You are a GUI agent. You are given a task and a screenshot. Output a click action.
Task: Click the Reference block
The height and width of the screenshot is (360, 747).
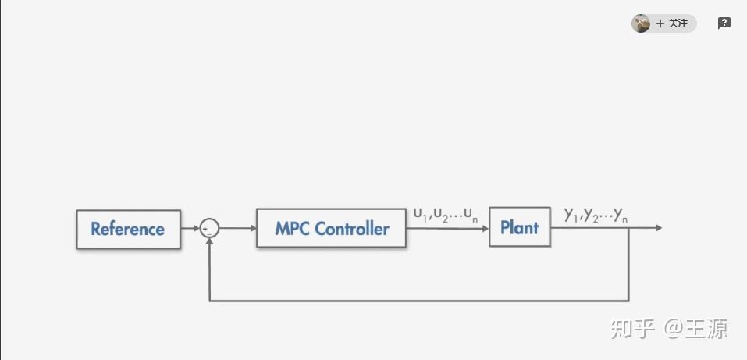[128, 230]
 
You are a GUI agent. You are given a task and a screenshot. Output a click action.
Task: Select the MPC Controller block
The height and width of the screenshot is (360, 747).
[331, 228]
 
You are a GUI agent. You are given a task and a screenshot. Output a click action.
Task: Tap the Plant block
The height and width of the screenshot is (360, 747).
[520, 227]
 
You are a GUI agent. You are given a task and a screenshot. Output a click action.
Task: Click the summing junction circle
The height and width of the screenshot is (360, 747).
[209, 228]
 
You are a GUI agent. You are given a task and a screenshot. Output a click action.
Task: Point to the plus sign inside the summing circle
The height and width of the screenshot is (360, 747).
[205, 229]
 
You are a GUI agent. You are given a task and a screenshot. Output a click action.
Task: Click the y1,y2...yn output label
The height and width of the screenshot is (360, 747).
[596, 216]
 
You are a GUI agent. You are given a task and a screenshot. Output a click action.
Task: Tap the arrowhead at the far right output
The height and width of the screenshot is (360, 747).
[659, 228]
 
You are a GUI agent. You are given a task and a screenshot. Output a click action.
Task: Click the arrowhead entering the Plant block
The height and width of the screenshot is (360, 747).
[486, 228]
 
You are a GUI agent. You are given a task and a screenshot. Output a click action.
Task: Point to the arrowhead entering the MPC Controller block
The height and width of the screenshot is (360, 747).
[254, 228]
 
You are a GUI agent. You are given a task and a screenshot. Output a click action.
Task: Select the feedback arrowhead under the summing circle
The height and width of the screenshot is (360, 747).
[209, 241]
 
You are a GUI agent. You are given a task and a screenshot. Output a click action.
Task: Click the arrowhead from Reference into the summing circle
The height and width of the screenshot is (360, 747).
[196, 228]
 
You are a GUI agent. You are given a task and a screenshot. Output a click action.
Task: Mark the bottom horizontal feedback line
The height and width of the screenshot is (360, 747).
[419, 301]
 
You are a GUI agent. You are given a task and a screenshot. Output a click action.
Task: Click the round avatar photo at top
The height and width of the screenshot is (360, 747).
[641, 23]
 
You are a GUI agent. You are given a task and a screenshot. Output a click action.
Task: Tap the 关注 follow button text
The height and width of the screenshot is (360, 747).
[678, 23]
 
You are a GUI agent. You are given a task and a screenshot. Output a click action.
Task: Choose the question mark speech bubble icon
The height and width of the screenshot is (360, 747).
[724, 23]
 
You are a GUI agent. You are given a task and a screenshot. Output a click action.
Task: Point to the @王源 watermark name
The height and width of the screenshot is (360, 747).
[696, 329]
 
